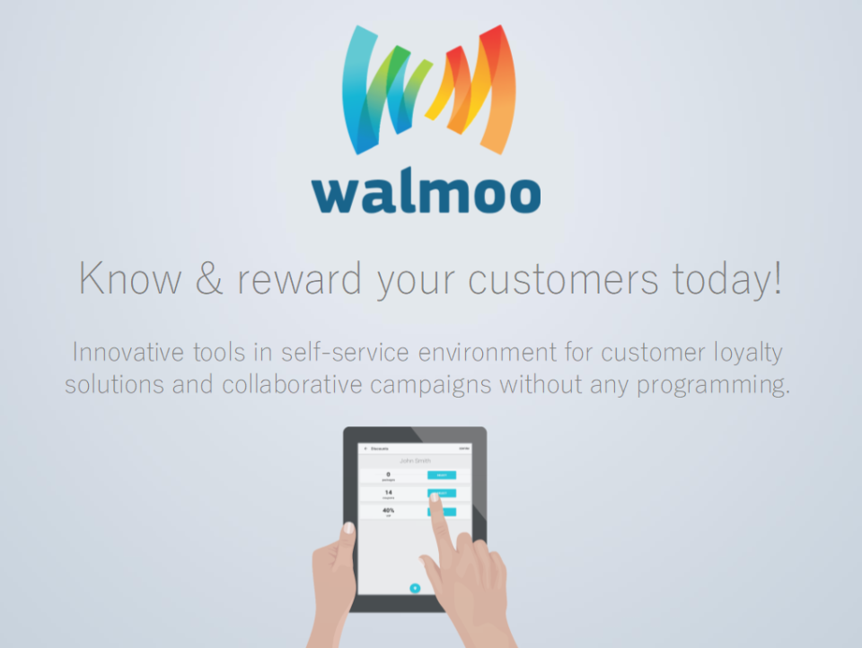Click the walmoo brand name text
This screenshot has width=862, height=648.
pos(427,192)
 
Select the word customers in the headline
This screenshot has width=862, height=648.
pos(563,279)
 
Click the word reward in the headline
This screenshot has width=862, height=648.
pos(300,279)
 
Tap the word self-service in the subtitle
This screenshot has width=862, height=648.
pos(326,351)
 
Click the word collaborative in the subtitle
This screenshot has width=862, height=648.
pos(284,386)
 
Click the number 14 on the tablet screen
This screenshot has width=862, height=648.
pos(388,492)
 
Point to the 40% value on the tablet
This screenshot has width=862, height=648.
pos(389,510)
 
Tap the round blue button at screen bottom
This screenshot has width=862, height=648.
pos(415,588)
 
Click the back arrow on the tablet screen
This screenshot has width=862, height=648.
pos(365,448)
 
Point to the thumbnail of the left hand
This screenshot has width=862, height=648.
pos(348,529)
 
